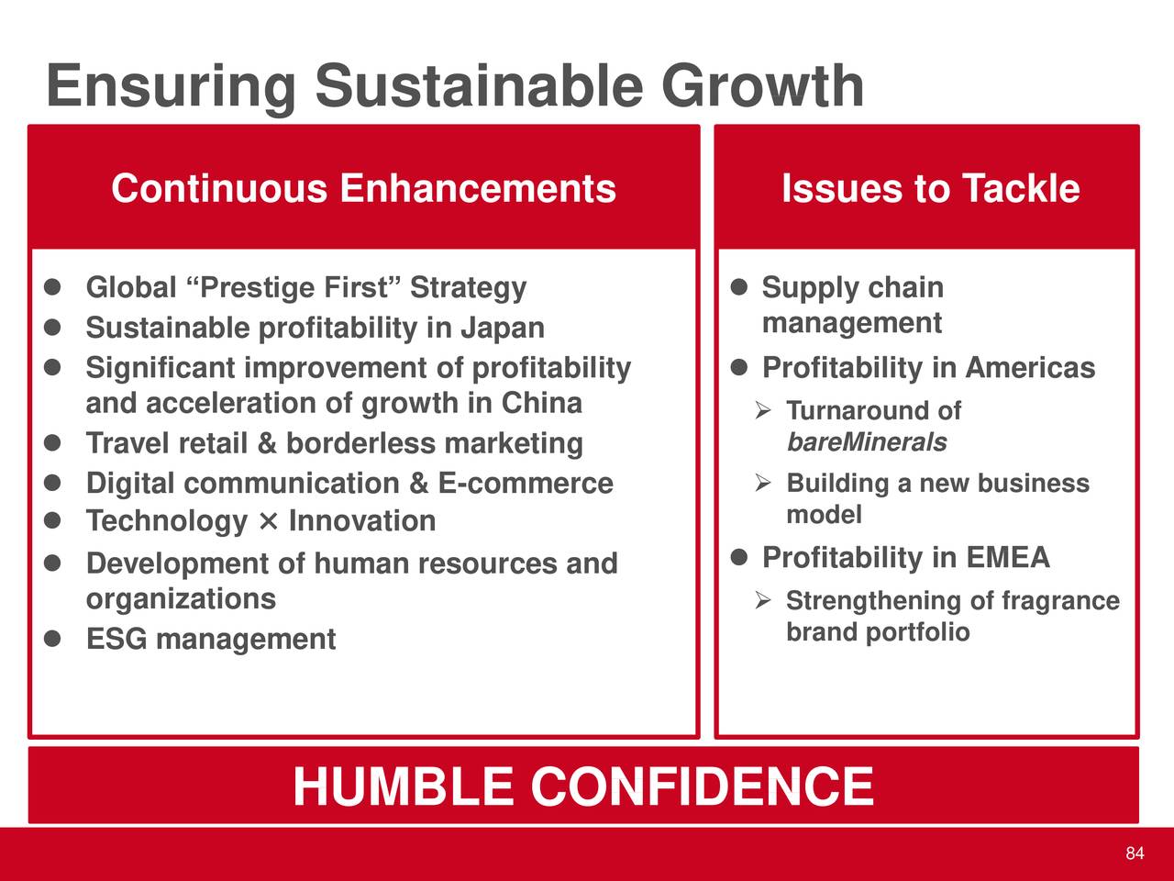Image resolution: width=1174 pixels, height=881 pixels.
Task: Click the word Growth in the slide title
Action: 762,86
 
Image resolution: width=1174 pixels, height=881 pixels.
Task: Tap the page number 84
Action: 1135,853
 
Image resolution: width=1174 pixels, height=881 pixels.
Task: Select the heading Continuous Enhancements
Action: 364,188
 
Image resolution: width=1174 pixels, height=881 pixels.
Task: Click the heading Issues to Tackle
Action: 931,188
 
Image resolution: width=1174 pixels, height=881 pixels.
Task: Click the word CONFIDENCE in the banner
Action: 702,786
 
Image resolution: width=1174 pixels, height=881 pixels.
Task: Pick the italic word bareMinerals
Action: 867,442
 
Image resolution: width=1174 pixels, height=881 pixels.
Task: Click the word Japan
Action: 503,329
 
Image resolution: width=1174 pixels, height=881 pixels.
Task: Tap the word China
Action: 541,403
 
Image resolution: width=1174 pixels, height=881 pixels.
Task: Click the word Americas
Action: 1030,367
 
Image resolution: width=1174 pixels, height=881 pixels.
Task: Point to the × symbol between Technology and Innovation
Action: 268,521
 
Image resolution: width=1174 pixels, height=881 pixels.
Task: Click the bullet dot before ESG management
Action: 52,638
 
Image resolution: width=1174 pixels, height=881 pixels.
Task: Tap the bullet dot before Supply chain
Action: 738,286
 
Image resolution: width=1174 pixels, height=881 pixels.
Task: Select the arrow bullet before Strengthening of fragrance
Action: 763,600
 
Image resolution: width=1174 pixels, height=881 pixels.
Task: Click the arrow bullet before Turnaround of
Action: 763,410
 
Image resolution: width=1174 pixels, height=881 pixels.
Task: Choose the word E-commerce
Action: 526,483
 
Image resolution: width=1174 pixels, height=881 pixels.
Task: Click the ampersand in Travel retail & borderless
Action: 267,443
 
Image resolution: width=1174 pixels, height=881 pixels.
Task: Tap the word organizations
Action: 181,599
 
